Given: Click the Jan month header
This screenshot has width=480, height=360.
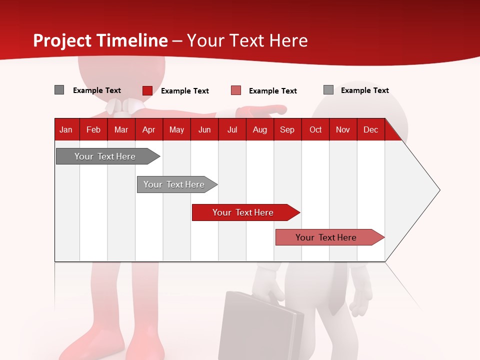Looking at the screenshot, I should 66,129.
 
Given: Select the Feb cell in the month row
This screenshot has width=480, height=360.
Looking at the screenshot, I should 93,129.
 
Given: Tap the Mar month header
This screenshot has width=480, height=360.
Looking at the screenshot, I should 121,129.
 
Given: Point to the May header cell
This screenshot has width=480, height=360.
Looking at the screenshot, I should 176,129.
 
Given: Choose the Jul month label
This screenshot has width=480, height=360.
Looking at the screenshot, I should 232,129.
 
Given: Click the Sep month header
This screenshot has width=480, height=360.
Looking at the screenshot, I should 287,129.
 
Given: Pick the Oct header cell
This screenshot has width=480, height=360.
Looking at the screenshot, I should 315,129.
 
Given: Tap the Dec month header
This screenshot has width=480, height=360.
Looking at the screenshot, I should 370,129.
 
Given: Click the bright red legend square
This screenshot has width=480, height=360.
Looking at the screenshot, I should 147,90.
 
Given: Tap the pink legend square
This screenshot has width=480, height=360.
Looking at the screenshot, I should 236,90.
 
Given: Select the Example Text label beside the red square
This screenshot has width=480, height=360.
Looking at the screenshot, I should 184,91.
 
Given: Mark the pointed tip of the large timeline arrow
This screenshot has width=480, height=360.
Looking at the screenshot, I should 439,190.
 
